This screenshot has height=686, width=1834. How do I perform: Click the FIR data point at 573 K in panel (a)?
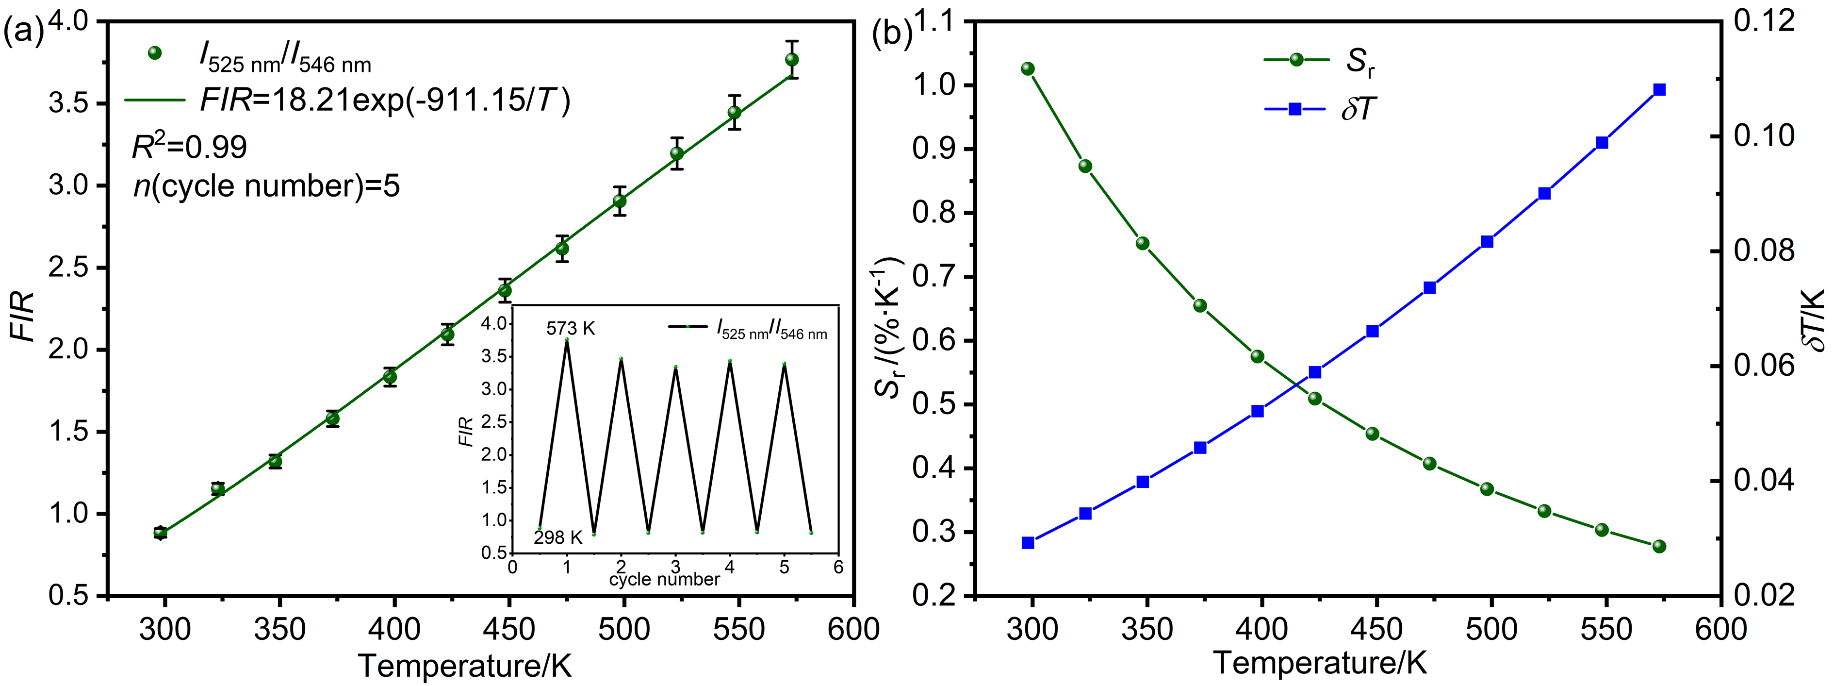pos(792,60)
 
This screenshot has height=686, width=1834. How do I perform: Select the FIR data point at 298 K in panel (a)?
pos(160,532)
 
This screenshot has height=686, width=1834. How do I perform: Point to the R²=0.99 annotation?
pos(189,147)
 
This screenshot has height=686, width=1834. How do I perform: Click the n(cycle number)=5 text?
pos(266,186)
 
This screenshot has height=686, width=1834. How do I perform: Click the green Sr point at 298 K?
pos(1027,69)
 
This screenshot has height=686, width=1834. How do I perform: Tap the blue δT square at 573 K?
pos(1659,90)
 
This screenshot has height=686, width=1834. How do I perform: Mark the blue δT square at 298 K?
pos(1027,543)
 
